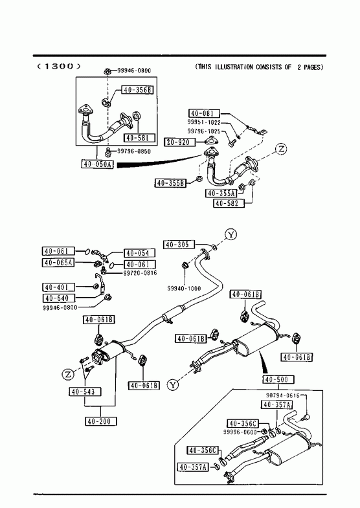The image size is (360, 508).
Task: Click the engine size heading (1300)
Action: [58, 67]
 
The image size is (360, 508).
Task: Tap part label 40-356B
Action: [138, 90]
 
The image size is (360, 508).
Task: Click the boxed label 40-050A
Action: [97, 164]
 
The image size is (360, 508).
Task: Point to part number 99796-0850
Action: [134, 151]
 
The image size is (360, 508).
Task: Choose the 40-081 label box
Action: [204, 113]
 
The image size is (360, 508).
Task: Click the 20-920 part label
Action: [181, 142]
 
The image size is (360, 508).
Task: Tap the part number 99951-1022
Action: [204, 122]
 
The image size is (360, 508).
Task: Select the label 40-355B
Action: [170, 183]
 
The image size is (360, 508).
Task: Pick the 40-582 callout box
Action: [229, 203]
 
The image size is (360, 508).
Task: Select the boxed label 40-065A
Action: [58, 263]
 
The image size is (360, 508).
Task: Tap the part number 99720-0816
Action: [140, 273]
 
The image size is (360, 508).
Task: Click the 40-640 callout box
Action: [58, 298]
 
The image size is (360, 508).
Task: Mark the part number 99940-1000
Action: [184, 289]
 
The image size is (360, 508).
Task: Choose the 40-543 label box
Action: [85, 392]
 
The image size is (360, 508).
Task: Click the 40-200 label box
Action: [101, 421]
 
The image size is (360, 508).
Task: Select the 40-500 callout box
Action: [278, 379]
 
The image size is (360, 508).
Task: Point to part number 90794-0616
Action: [283, 395]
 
